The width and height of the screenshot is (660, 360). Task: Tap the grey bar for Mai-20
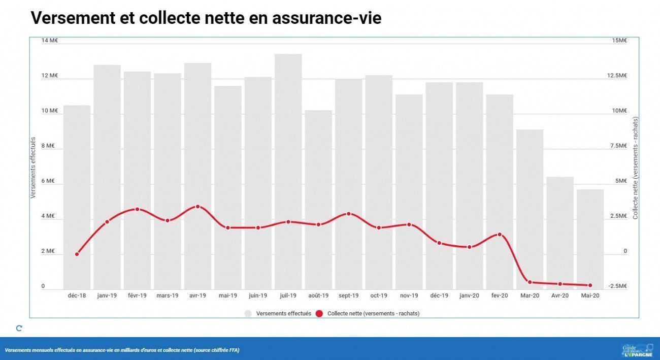590,239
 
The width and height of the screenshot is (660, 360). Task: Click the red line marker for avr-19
197,207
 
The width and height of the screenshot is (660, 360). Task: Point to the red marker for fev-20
500,235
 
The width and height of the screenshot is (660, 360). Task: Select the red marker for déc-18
77,254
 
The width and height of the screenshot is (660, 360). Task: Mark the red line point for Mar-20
530,282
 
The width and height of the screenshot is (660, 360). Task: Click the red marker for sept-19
348,214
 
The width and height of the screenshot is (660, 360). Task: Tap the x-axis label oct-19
379,296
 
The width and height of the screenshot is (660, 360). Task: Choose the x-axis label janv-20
469,296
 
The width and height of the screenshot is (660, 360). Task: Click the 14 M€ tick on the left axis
50,41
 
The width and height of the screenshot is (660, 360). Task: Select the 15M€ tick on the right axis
619,41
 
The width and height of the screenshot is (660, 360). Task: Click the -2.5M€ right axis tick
617,286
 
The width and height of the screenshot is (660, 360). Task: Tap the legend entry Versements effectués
283,314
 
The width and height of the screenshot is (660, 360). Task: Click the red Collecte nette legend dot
319,314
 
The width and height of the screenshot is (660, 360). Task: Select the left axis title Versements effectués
33,168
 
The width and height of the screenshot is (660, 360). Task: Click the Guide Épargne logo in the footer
637,350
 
